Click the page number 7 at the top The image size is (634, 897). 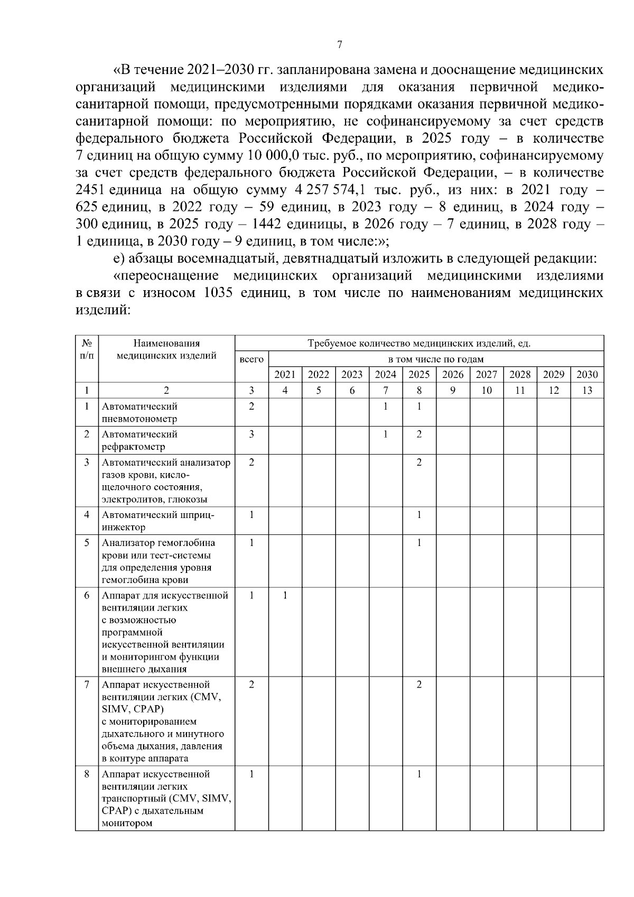point(340,44)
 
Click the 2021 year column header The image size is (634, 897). point(285,375)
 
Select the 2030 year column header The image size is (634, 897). point(587,375)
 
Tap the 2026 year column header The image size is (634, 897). point(453,375)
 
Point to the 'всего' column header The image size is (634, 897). point(251,359)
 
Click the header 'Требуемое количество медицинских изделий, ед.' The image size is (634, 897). point(419,344)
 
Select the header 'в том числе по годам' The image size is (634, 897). point(436,359)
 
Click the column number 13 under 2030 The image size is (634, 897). point(587,391)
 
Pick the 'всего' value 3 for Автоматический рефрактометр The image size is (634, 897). point(251,434)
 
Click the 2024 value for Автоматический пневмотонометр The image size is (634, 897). point(386,406)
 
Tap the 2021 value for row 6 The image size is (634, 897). point(285,596)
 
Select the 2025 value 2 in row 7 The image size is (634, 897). point(419,685)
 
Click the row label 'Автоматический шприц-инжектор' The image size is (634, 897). point(158,521)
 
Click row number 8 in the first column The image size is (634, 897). point(87,774)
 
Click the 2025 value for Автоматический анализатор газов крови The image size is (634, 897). point(419,463)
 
